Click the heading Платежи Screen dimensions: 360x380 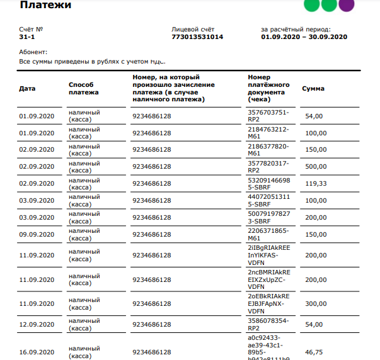45,6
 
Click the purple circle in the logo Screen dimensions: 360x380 346,5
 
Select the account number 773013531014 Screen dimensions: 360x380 197,37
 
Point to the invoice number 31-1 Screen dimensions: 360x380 27,37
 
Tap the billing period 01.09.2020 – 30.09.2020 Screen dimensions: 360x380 304,37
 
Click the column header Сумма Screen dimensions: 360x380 313,89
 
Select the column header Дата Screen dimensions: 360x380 27,89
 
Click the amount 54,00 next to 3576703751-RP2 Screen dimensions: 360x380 313,116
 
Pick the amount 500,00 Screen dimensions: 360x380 316,167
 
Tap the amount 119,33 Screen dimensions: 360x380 315,184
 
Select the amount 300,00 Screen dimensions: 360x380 316,303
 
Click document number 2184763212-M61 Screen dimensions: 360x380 268,133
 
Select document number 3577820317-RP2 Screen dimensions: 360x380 268,167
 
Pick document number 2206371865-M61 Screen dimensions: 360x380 268,235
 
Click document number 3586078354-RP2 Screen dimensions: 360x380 268,325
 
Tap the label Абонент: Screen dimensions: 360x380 33,52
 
